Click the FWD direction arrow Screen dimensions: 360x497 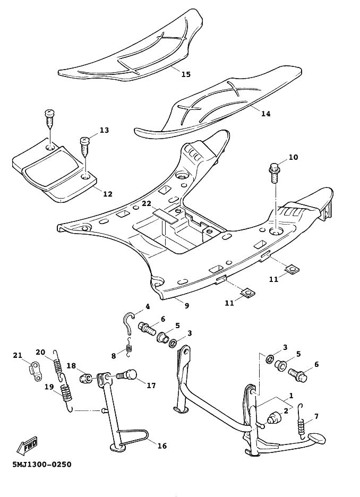27,445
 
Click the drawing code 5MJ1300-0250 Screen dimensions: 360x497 42,465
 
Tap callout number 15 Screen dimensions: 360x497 186,74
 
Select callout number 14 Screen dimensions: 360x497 266,114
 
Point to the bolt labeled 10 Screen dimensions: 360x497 274,173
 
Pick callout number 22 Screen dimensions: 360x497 147,203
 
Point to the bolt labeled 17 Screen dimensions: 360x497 127,375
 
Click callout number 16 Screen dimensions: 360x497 162,446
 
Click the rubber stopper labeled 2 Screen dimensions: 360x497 273,419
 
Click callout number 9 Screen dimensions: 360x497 187,305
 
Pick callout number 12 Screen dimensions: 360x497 108,194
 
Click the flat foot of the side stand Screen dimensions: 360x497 118,447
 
